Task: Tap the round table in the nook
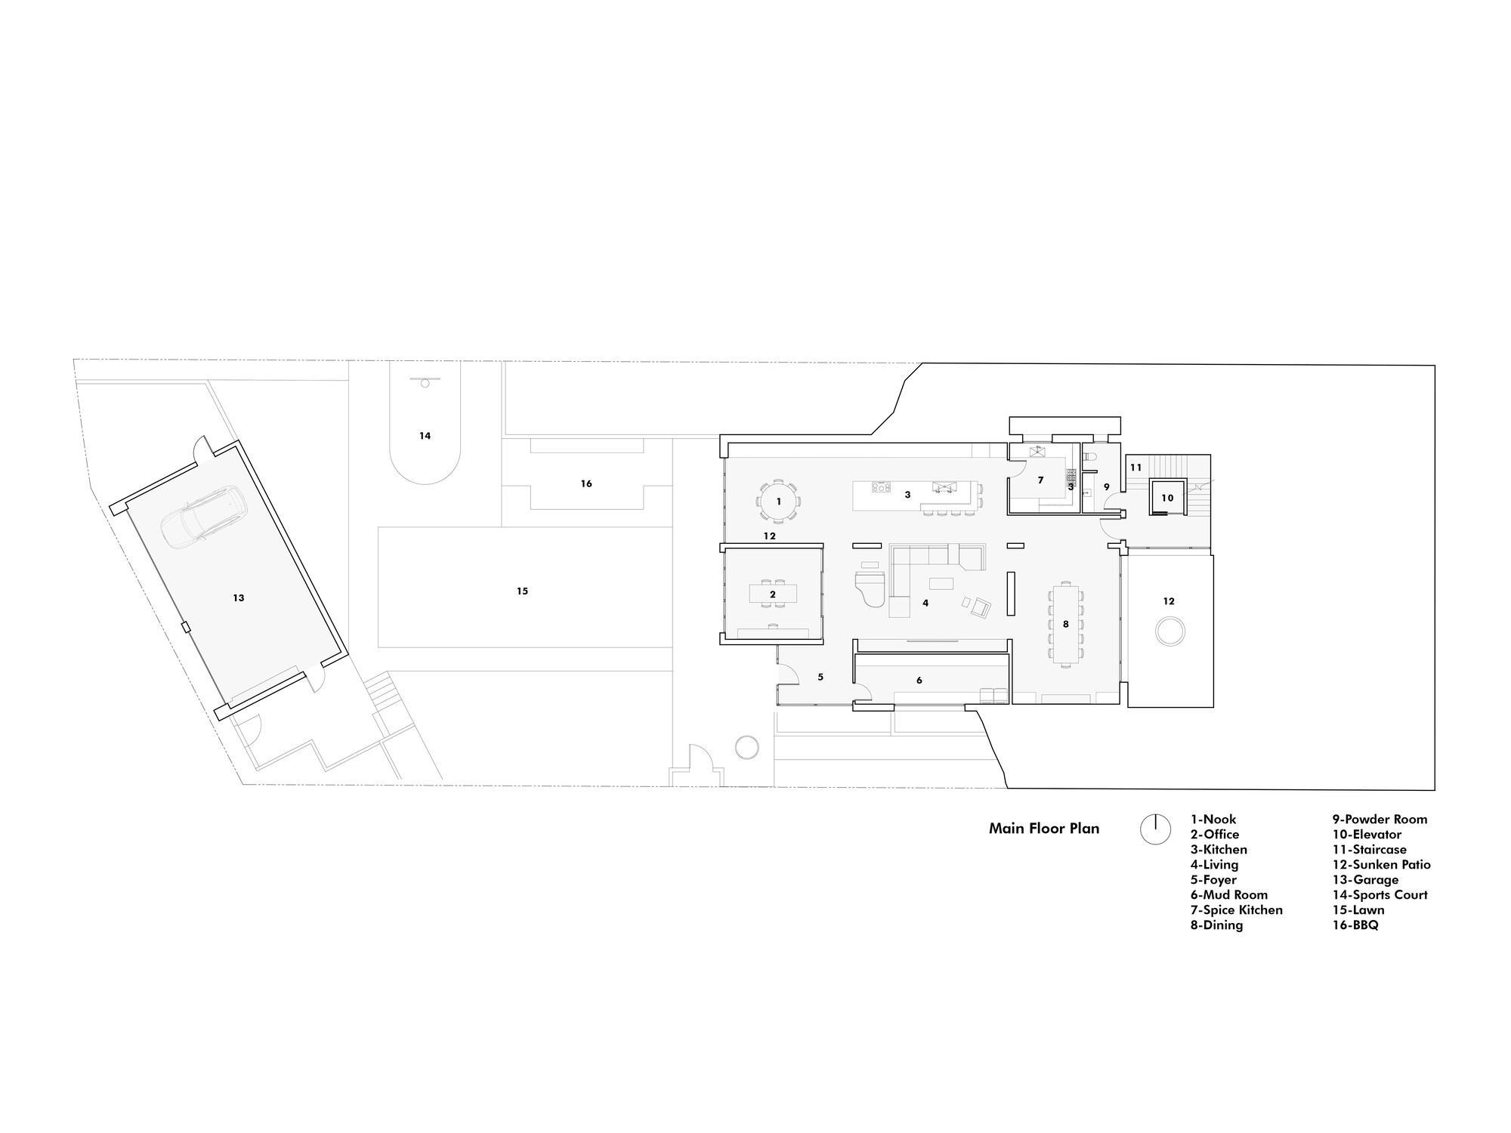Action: click(779, 501)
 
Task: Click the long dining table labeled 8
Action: click(1065, 624)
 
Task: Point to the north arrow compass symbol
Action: click(1155, 829)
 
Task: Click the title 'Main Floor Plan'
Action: click(1044, 829)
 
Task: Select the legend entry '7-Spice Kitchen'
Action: click(1237, 910)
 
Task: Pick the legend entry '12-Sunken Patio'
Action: click(1381, 865)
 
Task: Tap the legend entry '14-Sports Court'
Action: click(1380, 895)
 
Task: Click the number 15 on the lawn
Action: click(522, 591)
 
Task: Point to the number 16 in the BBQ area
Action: click(586, 483)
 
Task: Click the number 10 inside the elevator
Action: click(1167, 498)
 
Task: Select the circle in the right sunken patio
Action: click(1170, 631)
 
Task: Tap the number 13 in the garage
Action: click(239, 598)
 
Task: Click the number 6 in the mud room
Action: click(919, 681)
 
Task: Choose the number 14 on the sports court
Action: click(425, 436)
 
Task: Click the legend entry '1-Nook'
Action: click(1213, 820)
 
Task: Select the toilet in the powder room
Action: click(1089, 457)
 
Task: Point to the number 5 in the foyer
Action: click(820, 678)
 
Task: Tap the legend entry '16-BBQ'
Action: click(1355, 925)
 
